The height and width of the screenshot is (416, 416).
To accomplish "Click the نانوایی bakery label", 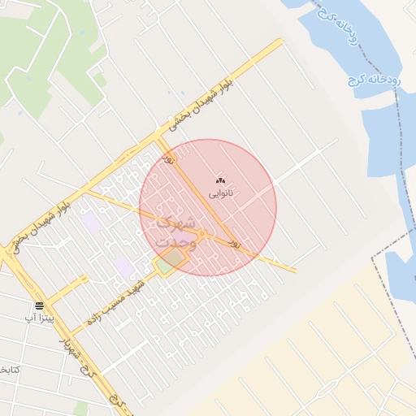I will [221, 193].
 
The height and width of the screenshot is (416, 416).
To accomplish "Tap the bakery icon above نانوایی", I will [221, 180].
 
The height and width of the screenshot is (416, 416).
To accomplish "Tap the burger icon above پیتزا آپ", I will [39, 305].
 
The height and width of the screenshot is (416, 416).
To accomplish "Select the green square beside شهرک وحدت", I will [171, 262].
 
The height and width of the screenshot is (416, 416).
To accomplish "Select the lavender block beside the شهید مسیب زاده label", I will [123, 266].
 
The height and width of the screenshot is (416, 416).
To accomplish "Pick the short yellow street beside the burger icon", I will [72, 286].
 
